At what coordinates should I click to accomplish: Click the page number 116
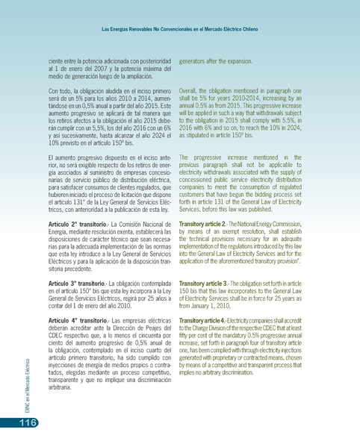[20, 423]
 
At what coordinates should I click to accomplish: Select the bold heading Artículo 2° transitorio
[75, 224]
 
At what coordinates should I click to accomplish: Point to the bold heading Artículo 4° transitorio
[75, 319]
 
